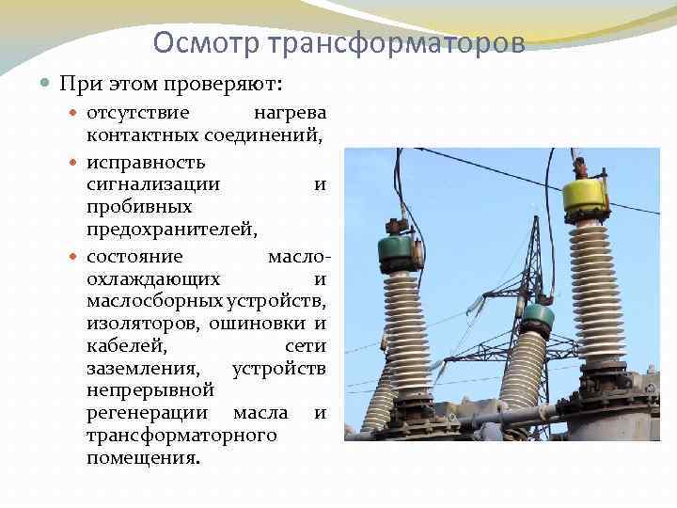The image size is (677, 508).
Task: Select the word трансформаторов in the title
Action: pyautogui.click(x=396, y=42)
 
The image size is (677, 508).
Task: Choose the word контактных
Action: pyautogui.click(x=141, y=135)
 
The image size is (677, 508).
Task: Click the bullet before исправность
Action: pyautogui.click(x=76, y=160)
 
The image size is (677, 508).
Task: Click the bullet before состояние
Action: pyautogui.click(x=76, y=256)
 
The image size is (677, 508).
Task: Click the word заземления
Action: pyautogui.click(x=142, y=369)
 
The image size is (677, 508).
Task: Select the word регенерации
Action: pyautogui.click(x=150, y=413)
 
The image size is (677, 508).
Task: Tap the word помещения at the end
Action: pyautogui.click(x=142, y=459)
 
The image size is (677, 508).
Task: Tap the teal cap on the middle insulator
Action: pyautogui.click(x=537, y=313)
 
